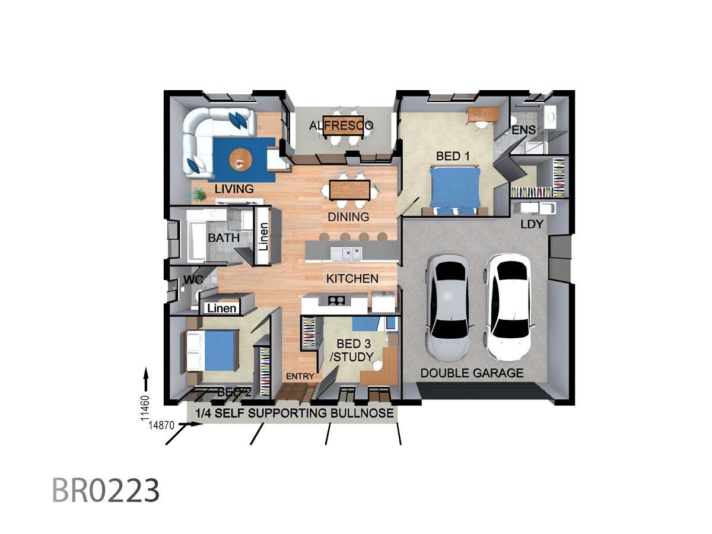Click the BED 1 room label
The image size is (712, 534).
[x=453, y=156]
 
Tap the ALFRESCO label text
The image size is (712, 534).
[x=341, y=125]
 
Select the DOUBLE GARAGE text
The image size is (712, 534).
[x=472, y=373]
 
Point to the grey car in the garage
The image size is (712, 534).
[x=447, y=308]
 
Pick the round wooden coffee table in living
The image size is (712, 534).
[x=240, y=159]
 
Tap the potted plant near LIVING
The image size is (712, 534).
[x=198, y=195]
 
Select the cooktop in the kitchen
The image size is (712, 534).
[x=336, y=301]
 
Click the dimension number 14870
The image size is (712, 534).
[x=161, y=425]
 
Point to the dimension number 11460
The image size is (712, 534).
[x=145, y=408]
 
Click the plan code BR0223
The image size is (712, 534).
[x=106, y=490]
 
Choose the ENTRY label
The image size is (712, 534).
[x=300, y=376]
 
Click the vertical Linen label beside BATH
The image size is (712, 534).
[x=263, y=237]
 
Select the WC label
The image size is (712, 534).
[x=193, y=279]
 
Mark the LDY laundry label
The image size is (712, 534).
[x=532, y=224]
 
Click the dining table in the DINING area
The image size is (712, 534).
[x=349, y=190]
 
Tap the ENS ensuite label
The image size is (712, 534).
[x=523, y=130]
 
